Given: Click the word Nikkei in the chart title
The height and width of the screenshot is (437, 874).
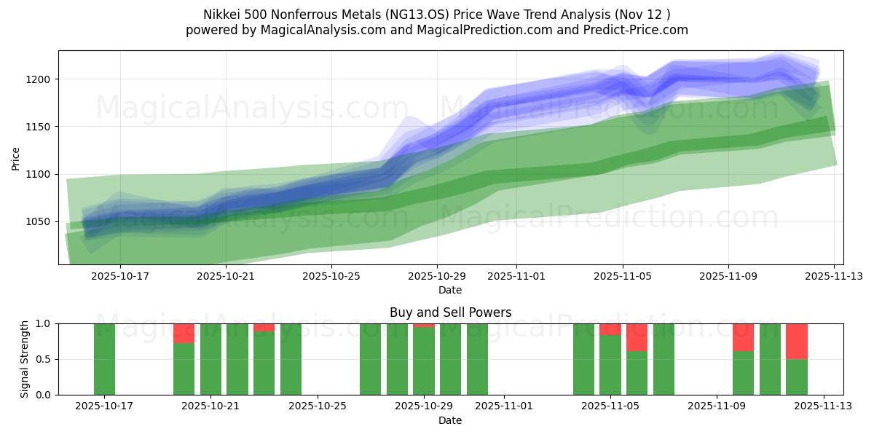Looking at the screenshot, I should (x=220, y=14).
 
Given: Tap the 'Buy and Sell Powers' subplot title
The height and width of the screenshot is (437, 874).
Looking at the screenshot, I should (x=450, y=312).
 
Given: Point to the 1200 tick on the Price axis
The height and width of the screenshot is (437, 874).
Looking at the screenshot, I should (x=41, y=79).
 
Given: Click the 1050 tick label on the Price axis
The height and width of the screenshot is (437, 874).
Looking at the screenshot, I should (x=41, y=222).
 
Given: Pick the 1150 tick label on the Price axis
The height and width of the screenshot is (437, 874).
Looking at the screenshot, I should (x=41, y=127).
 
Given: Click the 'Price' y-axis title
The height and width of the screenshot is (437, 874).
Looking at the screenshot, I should (x=16, y=158).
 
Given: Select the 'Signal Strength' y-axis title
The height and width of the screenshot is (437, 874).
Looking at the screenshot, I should (x=25, y=359).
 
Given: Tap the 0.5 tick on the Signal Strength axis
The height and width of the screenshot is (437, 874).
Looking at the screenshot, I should (x=43, y=359).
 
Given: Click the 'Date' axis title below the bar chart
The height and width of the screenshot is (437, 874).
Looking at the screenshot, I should (x=450, y=420).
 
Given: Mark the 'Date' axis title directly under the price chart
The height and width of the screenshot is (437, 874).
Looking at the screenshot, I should (x=450, y=290).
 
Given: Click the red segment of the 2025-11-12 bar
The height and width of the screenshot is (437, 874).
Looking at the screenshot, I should (x=797, y=341).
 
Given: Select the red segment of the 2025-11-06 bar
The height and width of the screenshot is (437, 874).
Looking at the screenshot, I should (x=637, y=337).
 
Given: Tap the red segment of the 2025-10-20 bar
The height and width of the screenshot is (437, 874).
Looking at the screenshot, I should (x=184, y=333).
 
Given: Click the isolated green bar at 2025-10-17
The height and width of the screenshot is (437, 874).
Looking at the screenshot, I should (x=104, y=359).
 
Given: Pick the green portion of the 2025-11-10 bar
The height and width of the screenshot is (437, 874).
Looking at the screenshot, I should (x=743, y=373).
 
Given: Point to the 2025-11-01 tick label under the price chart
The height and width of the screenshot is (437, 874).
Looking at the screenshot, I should (x=516, y=276).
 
